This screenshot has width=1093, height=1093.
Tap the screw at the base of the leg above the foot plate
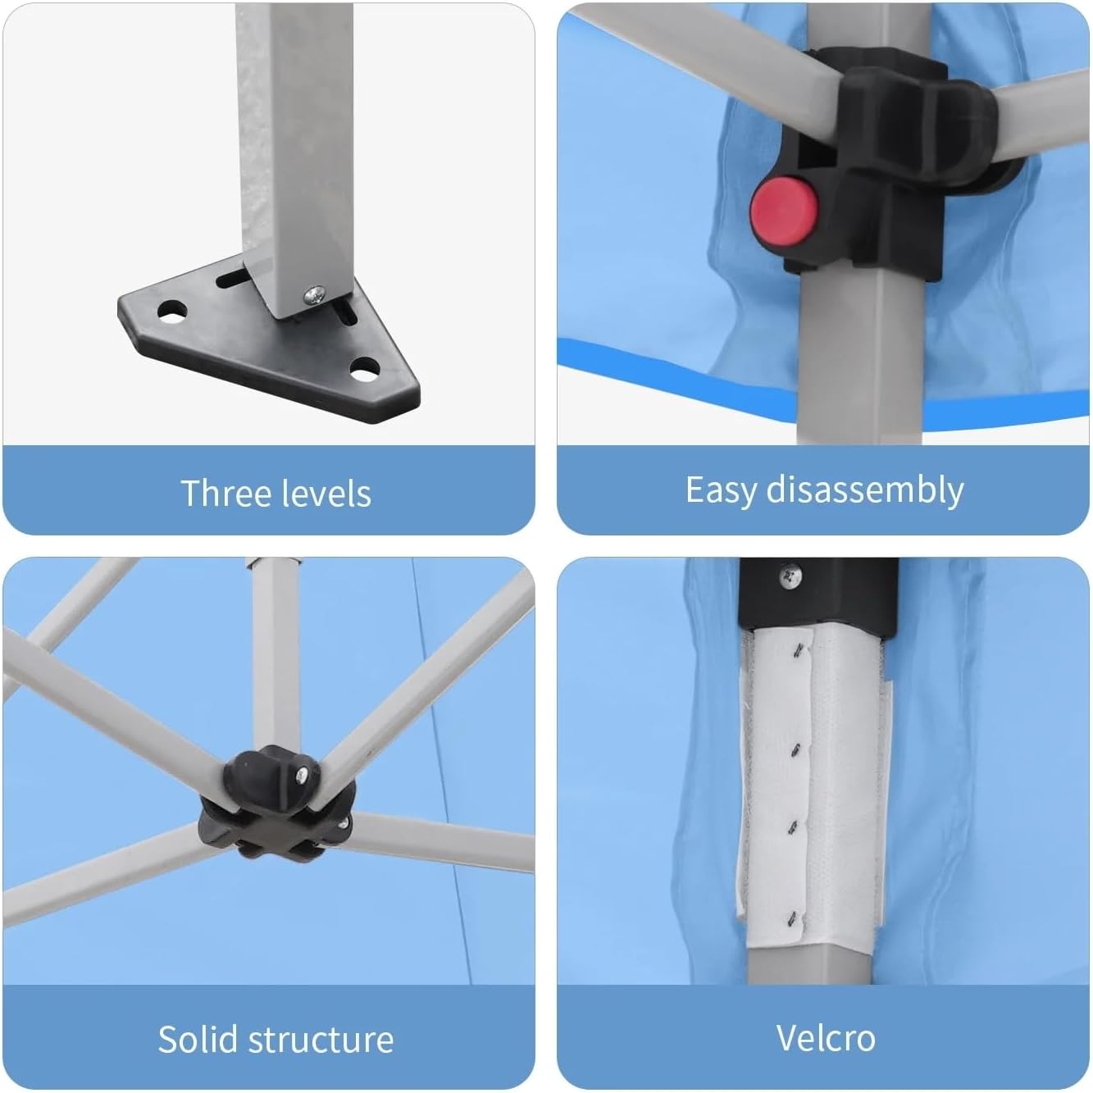pos(316,294)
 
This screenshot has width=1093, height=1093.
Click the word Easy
pos(721,490)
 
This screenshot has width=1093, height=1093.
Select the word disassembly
pos(865,490)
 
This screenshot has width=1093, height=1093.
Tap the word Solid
pos(198,1040)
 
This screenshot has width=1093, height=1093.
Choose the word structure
pos(321,1040)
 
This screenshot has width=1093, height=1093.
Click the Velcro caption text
pos(826,1039)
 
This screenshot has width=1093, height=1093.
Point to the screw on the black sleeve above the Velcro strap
pos(790,574)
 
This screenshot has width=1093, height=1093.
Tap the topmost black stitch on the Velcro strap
pos(799,652)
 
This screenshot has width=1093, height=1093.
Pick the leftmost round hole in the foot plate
pos(172,311)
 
